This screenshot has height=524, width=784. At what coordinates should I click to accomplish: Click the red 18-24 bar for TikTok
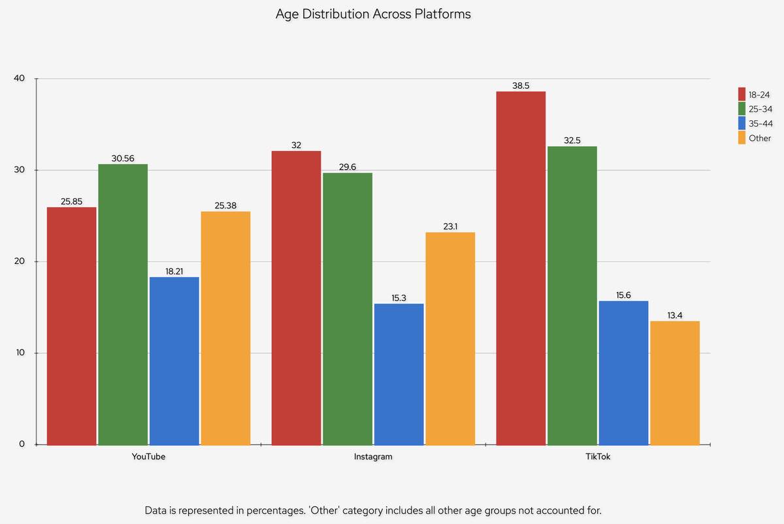click(521, 268)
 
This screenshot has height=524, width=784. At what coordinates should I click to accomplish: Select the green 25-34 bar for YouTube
click(123, 304)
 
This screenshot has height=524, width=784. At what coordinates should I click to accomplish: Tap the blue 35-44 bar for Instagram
click(399, 374)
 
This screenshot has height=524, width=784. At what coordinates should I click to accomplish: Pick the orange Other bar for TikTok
click(675, 382)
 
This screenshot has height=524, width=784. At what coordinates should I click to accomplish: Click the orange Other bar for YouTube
click(225, 328)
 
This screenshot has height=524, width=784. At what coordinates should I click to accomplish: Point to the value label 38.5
click(521, 85)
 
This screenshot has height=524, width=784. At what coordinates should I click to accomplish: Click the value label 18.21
click(174, 270)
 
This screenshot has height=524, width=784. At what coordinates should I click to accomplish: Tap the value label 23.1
click(450, 226)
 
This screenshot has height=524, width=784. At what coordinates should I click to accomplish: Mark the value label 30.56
click(123, 157)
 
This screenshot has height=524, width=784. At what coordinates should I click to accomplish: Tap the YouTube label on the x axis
click(148, 457)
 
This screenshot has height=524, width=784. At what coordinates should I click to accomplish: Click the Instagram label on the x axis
click(373, 457)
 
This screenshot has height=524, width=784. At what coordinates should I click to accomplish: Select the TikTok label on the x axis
click(598, 457)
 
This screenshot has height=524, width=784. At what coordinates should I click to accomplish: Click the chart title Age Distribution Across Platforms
click(373, 14)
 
